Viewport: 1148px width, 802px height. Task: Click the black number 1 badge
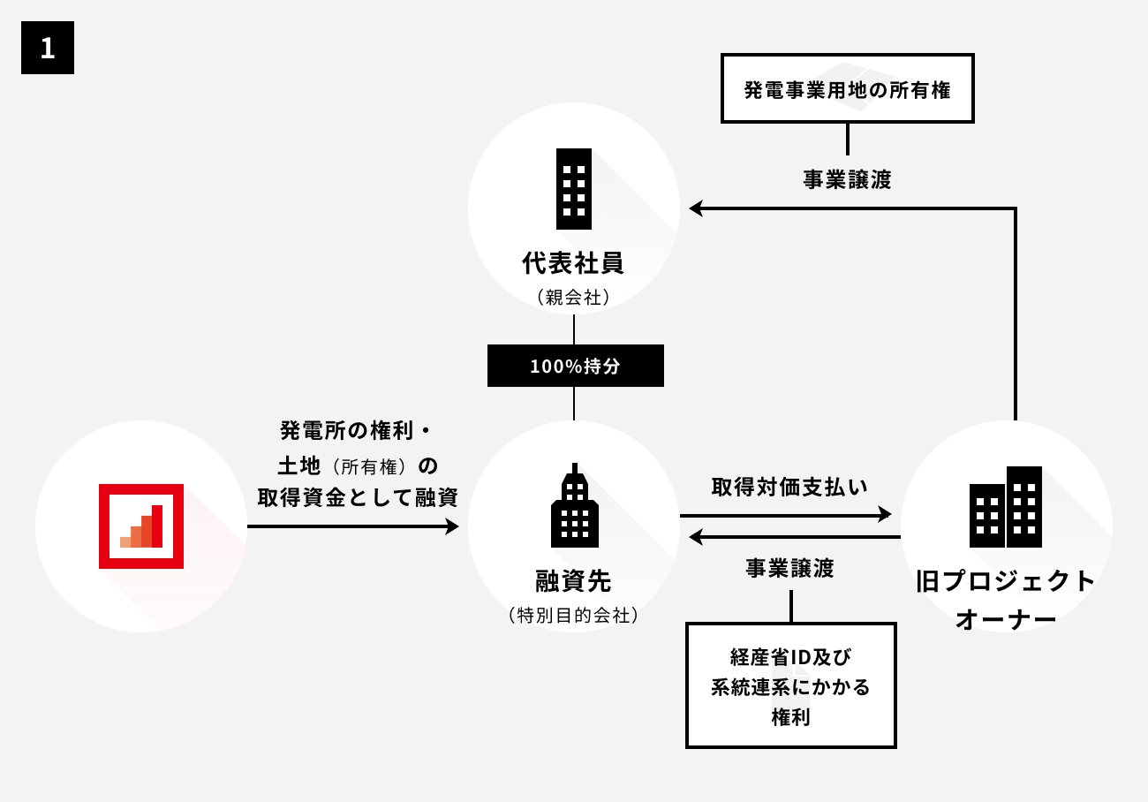click(x=48, y=48)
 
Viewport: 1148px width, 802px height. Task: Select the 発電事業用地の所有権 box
click(x=848, y=89)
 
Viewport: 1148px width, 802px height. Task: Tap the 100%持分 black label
click(x=575, y=366)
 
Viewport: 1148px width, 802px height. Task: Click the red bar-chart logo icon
click(x=141, y=526)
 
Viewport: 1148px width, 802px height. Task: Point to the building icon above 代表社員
click(x=574, y=189)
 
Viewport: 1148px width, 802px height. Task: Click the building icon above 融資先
click(x=574, y=505)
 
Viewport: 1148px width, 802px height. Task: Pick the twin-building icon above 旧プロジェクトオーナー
click(x=1006, y=507)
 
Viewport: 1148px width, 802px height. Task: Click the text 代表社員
click(x=574, y=263)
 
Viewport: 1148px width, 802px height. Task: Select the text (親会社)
click(x=574, y=298)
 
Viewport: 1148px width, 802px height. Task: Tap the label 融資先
click(x=574, y=581)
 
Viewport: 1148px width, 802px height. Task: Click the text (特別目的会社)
click(x=574, y=616)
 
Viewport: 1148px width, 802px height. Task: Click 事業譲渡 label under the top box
click(x=847, y=180)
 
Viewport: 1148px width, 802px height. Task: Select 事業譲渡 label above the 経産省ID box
click(x=789, y=569)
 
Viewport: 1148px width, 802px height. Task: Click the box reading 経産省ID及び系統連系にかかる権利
click(x=790, y=685)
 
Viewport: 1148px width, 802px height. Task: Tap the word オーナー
click(x=1006, y=619)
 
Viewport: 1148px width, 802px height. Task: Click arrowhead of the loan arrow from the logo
click(x=453, y=526)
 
